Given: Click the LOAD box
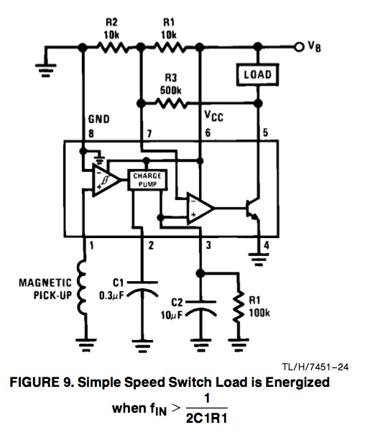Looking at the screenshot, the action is [x=257, y=75].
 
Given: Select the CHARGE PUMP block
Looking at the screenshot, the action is [x=147, y=180].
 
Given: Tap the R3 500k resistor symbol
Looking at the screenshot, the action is [x=172, y=104].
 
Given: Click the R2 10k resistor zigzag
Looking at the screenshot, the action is [x=112, y=47].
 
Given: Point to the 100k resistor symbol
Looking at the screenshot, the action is [x=238, y=306].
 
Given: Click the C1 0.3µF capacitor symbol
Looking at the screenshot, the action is [x=142, y=289].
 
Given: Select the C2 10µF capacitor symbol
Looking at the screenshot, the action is [x=201, y=308].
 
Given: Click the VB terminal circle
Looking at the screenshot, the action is [x=299, y=47].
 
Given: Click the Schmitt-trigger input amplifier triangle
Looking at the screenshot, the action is [x=106, y=180].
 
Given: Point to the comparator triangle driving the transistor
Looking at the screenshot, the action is [x=201, y=208].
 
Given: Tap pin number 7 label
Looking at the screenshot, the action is [x=149, y=134].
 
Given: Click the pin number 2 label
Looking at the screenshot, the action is [x=151, y=245].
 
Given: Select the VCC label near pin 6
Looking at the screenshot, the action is [x=213, y=116].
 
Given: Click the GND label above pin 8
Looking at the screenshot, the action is [x=98, y=119].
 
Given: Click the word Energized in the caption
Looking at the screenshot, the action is [x=298, y=383].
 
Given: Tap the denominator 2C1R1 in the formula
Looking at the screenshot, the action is [x=206, y=418].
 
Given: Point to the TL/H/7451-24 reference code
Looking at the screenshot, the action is [x=316, y=367].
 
